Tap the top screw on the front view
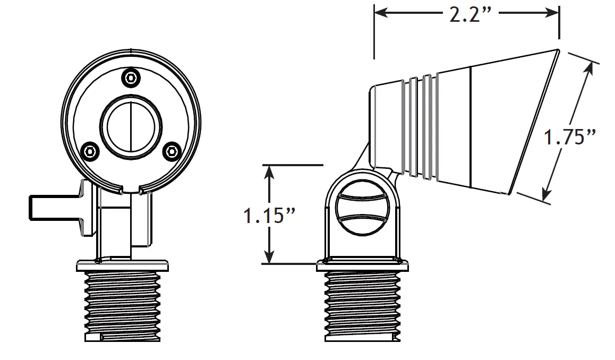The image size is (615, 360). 130,77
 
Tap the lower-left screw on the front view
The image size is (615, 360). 91,152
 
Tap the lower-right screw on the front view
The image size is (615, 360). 170,152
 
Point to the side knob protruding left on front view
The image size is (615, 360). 53,208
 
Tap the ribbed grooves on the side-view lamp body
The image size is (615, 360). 420,127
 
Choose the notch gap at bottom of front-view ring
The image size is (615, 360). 131,188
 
